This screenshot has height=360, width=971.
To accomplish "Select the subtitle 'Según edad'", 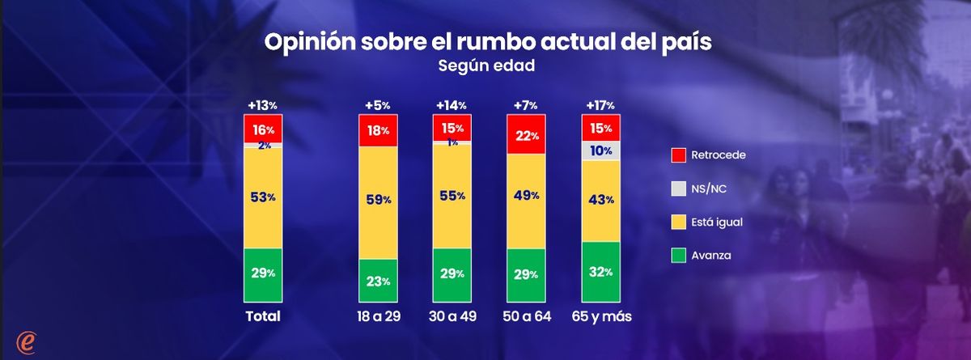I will click(486, 67).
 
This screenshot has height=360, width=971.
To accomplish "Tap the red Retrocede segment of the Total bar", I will click(263, 129).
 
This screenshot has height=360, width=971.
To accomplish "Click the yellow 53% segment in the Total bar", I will click(263, 197).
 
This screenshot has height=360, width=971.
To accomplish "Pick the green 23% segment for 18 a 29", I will click(378, 282).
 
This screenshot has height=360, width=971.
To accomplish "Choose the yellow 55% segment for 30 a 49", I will click(452, 196).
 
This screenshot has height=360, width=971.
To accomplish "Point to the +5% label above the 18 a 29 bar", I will click(378, 105).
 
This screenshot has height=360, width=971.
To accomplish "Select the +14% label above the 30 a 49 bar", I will click(452, 105).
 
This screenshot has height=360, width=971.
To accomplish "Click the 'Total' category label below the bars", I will click(263, 316).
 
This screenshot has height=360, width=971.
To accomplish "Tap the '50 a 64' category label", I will click(527, 316).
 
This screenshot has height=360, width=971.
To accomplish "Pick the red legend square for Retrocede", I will click(679, 154).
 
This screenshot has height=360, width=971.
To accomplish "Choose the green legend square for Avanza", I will click(679, 256).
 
